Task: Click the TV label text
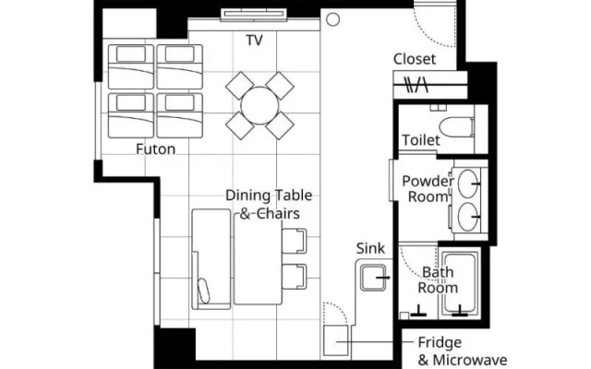(x=255, y=41)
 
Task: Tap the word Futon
(x=156, y=149)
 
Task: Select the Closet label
(x=415, y=59)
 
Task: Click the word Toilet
(x=421, y=140)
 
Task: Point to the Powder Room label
(x=428, y=188)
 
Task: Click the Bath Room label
(x=438, y=280)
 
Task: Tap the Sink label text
(x=370, y=248)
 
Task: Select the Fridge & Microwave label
(x=463, y=351)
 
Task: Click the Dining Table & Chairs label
(x=269, y=205)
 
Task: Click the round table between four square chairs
(x=259, y=106)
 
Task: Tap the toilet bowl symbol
(x=456, y=127)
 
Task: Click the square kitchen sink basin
(x=373, y=278)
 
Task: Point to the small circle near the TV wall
(x=332, y=19)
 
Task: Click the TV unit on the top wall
(x=254, y=14)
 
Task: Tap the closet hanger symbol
(x=416, y=85)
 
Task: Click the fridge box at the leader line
(x=336, y=340)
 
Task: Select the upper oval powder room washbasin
(x=468, y=184)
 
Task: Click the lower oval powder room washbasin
(x=468, y=217)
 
